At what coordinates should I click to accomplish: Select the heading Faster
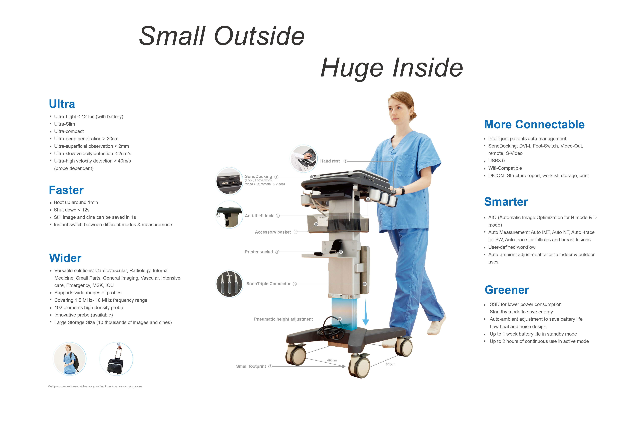[x=66, y=190]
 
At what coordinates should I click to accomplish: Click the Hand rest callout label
[x=330, y=161]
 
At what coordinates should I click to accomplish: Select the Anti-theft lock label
[x=259, y=216]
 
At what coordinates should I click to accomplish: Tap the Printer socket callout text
[x=259, y=252]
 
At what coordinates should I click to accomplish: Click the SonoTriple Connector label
[x=269, y=284]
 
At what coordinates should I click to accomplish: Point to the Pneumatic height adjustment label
[x=283, y=319]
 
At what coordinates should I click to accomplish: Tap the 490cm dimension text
[x=332, y=360]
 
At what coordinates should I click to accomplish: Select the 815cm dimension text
[x=391, y=364]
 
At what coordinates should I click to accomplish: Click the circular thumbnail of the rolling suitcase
[x=116, y=359]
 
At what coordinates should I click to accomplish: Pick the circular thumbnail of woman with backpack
[x=70, y=359]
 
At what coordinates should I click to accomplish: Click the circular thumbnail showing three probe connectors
[x=229, y=284]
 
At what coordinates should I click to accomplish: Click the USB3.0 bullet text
[x=496, y=161]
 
